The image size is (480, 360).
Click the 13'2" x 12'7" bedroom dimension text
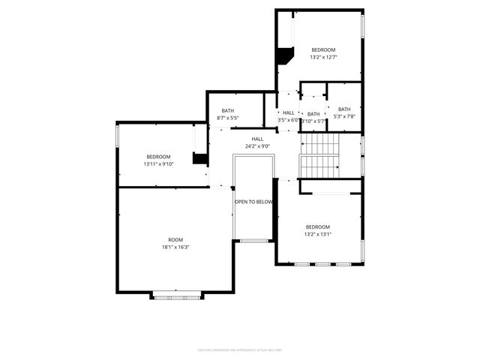[323, 57]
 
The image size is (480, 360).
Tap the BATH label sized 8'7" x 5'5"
[227, 111]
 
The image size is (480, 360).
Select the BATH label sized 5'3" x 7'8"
[344, 109]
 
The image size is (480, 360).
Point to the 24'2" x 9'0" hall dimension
[257, 146]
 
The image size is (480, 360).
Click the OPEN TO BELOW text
[253, 202]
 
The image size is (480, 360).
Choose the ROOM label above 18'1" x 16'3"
[175, 240]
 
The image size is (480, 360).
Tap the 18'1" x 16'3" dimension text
[175, 247]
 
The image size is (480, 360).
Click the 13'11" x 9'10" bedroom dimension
[158, 163]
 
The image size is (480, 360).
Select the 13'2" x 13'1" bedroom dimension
[317, 234]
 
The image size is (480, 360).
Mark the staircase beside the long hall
[319, 155]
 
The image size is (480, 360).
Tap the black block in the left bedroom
[200, 158]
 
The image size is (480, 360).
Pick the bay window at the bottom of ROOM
[178, 297]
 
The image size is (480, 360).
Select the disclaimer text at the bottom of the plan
[239, 349]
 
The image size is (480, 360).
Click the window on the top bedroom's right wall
[363, 26]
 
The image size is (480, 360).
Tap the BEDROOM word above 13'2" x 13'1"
[317, 226]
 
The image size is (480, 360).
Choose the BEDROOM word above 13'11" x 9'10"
[158, 156]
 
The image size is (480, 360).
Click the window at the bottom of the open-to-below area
[254, 241]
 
